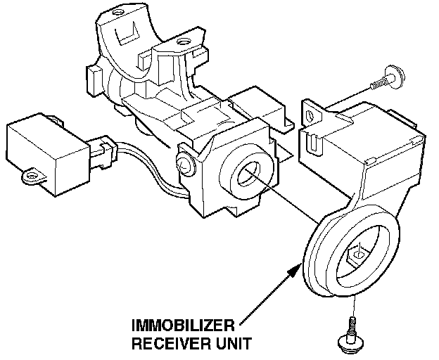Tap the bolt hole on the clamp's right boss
pyautogui.click(x=184, y=44)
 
